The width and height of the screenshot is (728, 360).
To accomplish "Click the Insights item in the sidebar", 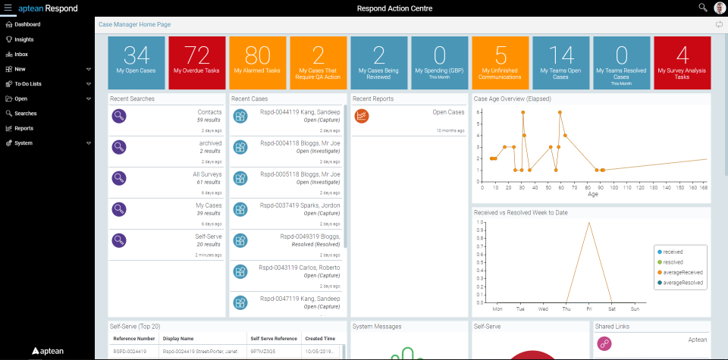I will coord(24,39).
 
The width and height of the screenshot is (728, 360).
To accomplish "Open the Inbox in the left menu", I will coord(21,54).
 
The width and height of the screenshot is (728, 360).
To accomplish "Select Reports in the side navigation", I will coord(24,128).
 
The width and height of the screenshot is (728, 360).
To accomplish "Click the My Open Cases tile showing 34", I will coord(136,62).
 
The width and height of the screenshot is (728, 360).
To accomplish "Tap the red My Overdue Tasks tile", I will coord(197,62).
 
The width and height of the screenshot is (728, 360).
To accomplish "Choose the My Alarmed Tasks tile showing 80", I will coord(258,62).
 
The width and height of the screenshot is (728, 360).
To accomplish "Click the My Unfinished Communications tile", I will coord(500,62).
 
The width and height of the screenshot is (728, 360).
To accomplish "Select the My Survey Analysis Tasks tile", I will coord(682,62).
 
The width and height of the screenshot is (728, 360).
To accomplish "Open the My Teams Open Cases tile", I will coord(561,62).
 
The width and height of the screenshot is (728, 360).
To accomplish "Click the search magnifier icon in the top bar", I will coord(702,8).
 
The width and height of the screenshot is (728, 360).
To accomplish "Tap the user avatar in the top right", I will coord(719,8).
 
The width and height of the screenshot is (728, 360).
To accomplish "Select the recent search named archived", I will coord(210,143).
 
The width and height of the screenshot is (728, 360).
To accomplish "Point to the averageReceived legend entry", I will coord(682,272).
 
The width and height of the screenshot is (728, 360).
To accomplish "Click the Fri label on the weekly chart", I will coord(588,309).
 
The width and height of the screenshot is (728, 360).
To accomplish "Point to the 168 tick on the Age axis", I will coord(703,186).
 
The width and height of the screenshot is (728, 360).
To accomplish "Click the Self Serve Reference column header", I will coord(270,339).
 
